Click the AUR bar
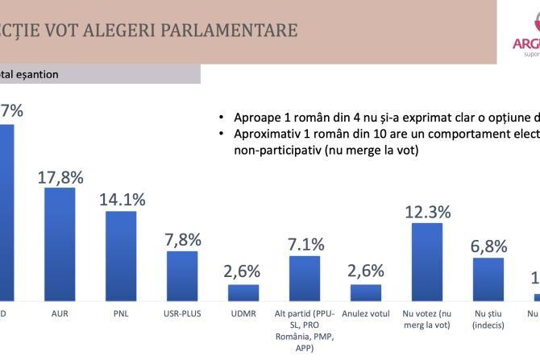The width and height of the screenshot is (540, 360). tap(60, 243)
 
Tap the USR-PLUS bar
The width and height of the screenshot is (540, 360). tap(182, 275)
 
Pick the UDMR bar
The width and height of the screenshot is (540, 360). tap(243, 292)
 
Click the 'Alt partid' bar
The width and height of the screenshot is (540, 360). tap(305, 277)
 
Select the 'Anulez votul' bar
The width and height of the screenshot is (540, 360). tap(366, 292)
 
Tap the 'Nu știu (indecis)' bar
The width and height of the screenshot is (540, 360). tap(488, 278)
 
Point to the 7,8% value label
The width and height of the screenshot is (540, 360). tap(183, 240)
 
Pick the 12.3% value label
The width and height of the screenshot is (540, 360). tap(427, 212)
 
